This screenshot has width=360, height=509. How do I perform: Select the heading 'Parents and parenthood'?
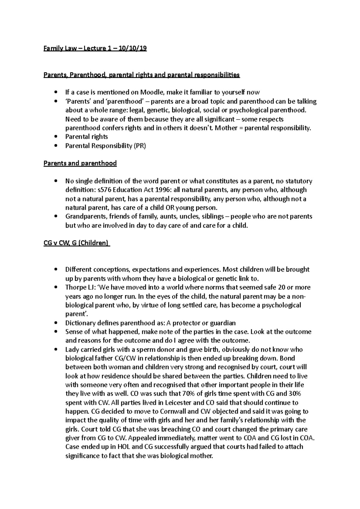click(80, 163)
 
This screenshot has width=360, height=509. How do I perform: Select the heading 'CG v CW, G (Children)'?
click(76, 243)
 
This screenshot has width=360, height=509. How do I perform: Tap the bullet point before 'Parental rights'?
click(55, 137)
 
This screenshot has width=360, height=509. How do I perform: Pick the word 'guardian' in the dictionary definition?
click(222, 323)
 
